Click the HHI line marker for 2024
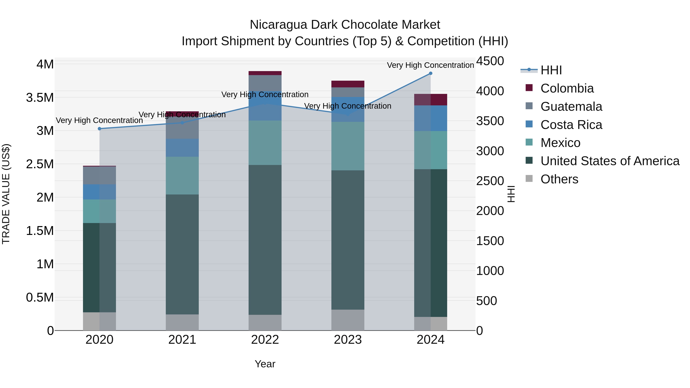[430, 73]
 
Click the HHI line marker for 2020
[99, 129]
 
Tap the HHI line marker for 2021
[182, 123]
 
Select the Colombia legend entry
[567, 88]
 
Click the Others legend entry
[559, 179]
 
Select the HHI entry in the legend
[551, 70]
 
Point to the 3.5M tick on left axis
[40, 98]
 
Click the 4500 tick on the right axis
[490, 61]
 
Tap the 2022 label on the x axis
[265, 340]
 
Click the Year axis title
[265, 364]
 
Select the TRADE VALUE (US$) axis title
[6, 194]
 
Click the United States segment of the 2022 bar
[265, 240]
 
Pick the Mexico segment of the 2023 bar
[348, 146]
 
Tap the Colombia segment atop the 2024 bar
[430, 100]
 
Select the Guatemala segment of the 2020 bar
[99, 175]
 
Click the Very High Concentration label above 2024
[430, 65]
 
